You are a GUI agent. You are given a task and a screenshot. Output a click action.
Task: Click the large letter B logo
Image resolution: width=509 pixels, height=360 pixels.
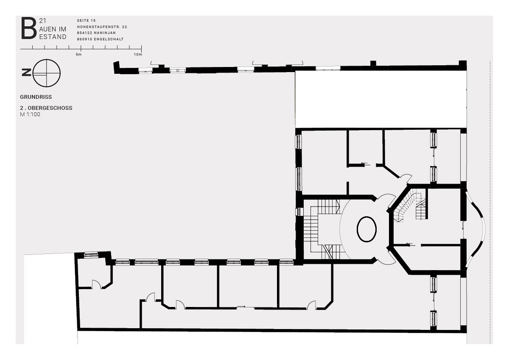29,28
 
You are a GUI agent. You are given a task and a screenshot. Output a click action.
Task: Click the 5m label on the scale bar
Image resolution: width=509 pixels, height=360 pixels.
78,54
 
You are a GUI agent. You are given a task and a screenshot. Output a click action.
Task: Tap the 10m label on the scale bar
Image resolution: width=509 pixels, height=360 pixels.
138,54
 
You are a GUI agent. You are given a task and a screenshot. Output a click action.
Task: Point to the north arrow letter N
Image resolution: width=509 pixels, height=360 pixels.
26,73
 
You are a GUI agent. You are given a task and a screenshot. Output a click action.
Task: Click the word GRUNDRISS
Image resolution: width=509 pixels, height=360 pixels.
36,97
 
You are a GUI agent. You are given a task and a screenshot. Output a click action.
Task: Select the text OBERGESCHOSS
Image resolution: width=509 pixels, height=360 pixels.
50,108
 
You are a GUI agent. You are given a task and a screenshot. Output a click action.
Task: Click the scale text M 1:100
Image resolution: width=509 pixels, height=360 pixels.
30,114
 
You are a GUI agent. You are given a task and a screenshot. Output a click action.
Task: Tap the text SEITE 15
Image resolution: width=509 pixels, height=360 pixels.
87,20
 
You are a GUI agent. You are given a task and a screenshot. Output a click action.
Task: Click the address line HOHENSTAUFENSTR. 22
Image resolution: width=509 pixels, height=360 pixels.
102,27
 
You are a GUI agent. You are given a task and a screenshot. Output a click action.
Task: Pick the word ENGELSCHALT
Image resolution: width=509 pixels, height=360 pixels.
109,39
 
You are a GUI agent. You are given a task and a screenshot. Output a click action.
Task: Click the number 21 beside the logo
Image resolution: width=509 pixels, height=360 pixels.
42,21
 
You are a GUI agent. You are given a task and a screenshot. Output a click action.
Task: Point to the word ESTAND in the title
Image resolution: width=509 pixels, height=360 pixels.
53,37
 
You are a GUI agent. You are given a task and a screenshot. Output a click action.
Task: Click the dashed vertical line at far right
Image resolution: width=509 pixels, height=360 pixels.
490,202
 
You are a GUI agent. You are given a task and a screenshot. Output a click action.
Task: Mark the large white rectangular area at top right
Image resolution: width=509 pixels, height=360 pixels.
381,99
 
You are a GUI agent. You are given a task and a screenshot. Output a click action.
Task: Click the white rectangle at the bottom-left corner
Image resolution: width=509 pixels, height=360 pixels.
50,299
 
